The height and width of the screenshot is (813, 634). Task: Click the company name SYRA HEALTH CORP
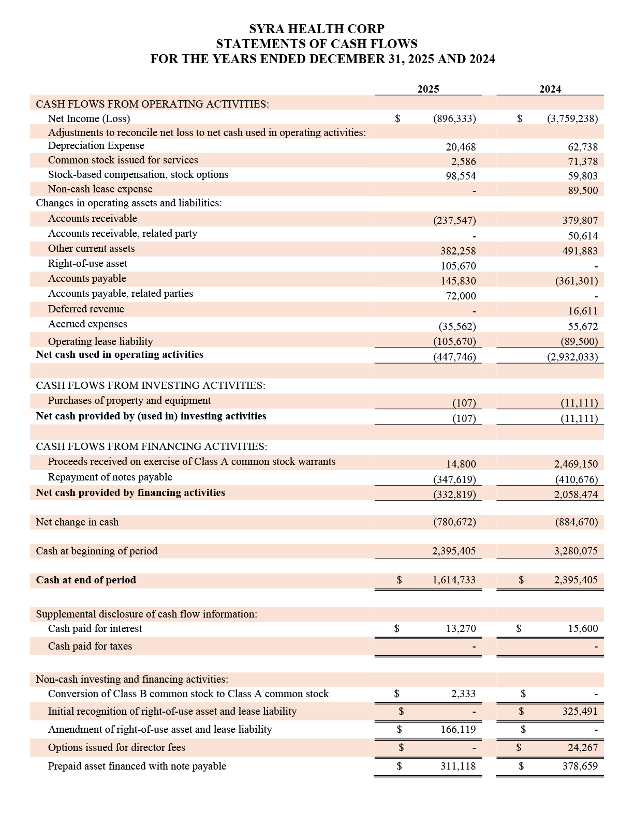317,28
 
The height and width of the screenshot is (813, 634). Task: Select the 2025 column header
428,89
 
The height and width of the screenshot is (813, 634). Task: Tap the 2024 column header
550,89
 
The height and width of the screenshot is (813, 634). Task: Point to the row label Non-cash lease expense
100,189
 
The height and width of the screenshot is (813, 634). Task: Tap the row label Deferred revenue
86,309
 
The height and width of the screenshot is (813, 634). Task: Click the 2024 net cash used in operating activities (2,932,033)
572,357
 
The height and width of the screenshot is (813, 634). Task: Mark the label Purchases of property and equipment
129,401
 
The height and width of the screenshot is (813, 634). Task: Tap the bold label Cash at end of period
86,580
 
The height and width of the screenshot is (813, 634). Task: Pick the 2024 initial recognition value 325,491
580,712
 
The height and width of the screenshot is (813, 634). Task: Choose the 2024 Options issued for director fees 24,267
582,748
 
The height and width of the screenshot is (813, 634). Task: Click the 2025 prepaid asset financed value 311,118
458,766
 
